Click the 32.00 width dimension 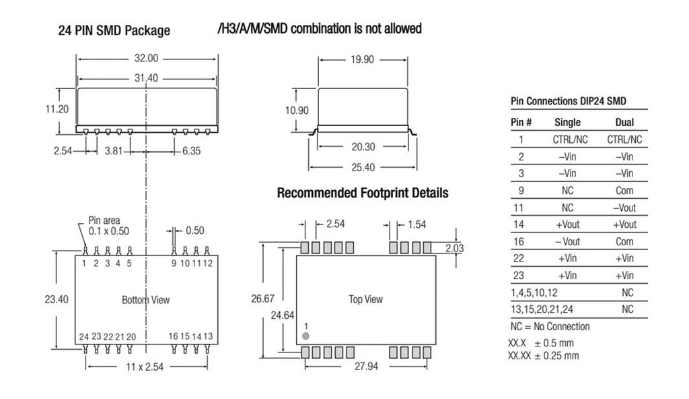click(146, 58)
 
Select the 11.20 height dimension click(57, 109)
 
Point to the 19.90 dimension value click(362, 59)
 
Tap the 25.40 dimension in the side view click(363, 167)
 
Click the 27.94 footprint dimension click(366, 366)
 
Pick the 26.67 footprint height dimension click(263, 299)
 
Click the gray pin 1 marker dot click(306, 336)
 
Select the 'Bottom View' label click(145, 300)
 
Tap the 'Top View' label click(365, 299)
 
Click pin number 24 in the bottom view click(84, 337)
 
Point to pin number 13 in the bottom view click(208, 336)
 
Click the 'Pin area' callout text click(104, 220)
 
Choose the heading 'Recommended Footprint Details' click(363, 193)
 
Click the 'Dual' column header click(624, 123)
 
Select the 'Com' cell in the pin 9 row click(624, 191)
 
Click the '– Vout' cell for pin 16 click(567, 242)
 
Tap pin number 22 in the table click(519, 259)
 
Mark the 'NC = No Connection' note click(550, 327)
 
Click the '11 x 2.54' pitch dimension click(145, 367)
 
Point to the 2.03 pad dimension click(454, 249)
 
